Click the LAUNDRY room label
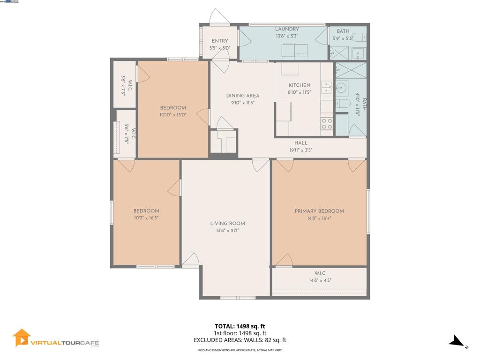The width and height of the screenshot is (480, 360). [x=287, y=29]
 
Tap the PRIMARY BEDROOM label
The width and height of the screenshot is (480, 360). [x=319, y=211]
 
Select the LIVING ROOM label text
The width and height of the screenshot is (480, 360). [x=227, y=224]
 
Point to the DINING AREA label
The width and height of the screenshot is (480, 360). [x=242, y=96]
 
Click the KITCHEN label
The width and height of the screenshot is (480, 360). [x=299, y=85]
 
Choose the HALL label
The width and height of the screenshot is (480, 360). [x=301, y=143]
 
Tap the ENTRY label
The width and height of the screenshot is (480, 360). [x=220, y=41]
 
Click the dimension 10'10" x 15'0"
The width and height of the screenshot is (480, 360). [x=173, y=115]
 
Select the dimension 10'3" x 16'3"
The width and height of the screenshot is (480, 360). [x=146, y=218]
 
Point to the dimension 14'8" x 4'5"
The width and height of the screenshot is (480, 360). [x=320, y=280]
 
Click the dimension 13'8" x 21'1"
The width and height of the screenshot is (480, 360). [x=227, y=231]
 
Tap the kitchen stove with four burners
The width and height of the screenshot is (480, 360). [x=327, y=124]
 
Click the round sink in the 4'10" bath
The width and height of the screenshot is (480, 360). [x=341, y=87]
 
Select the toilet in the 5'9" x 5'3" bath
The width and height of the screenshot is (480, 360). [x=359, y=37]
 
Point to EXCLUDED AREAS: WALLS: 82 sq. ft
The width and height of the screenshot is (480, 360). [x=240, y=340]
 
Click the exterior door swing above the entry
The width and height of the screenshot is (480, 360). [x=218, y=17]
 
